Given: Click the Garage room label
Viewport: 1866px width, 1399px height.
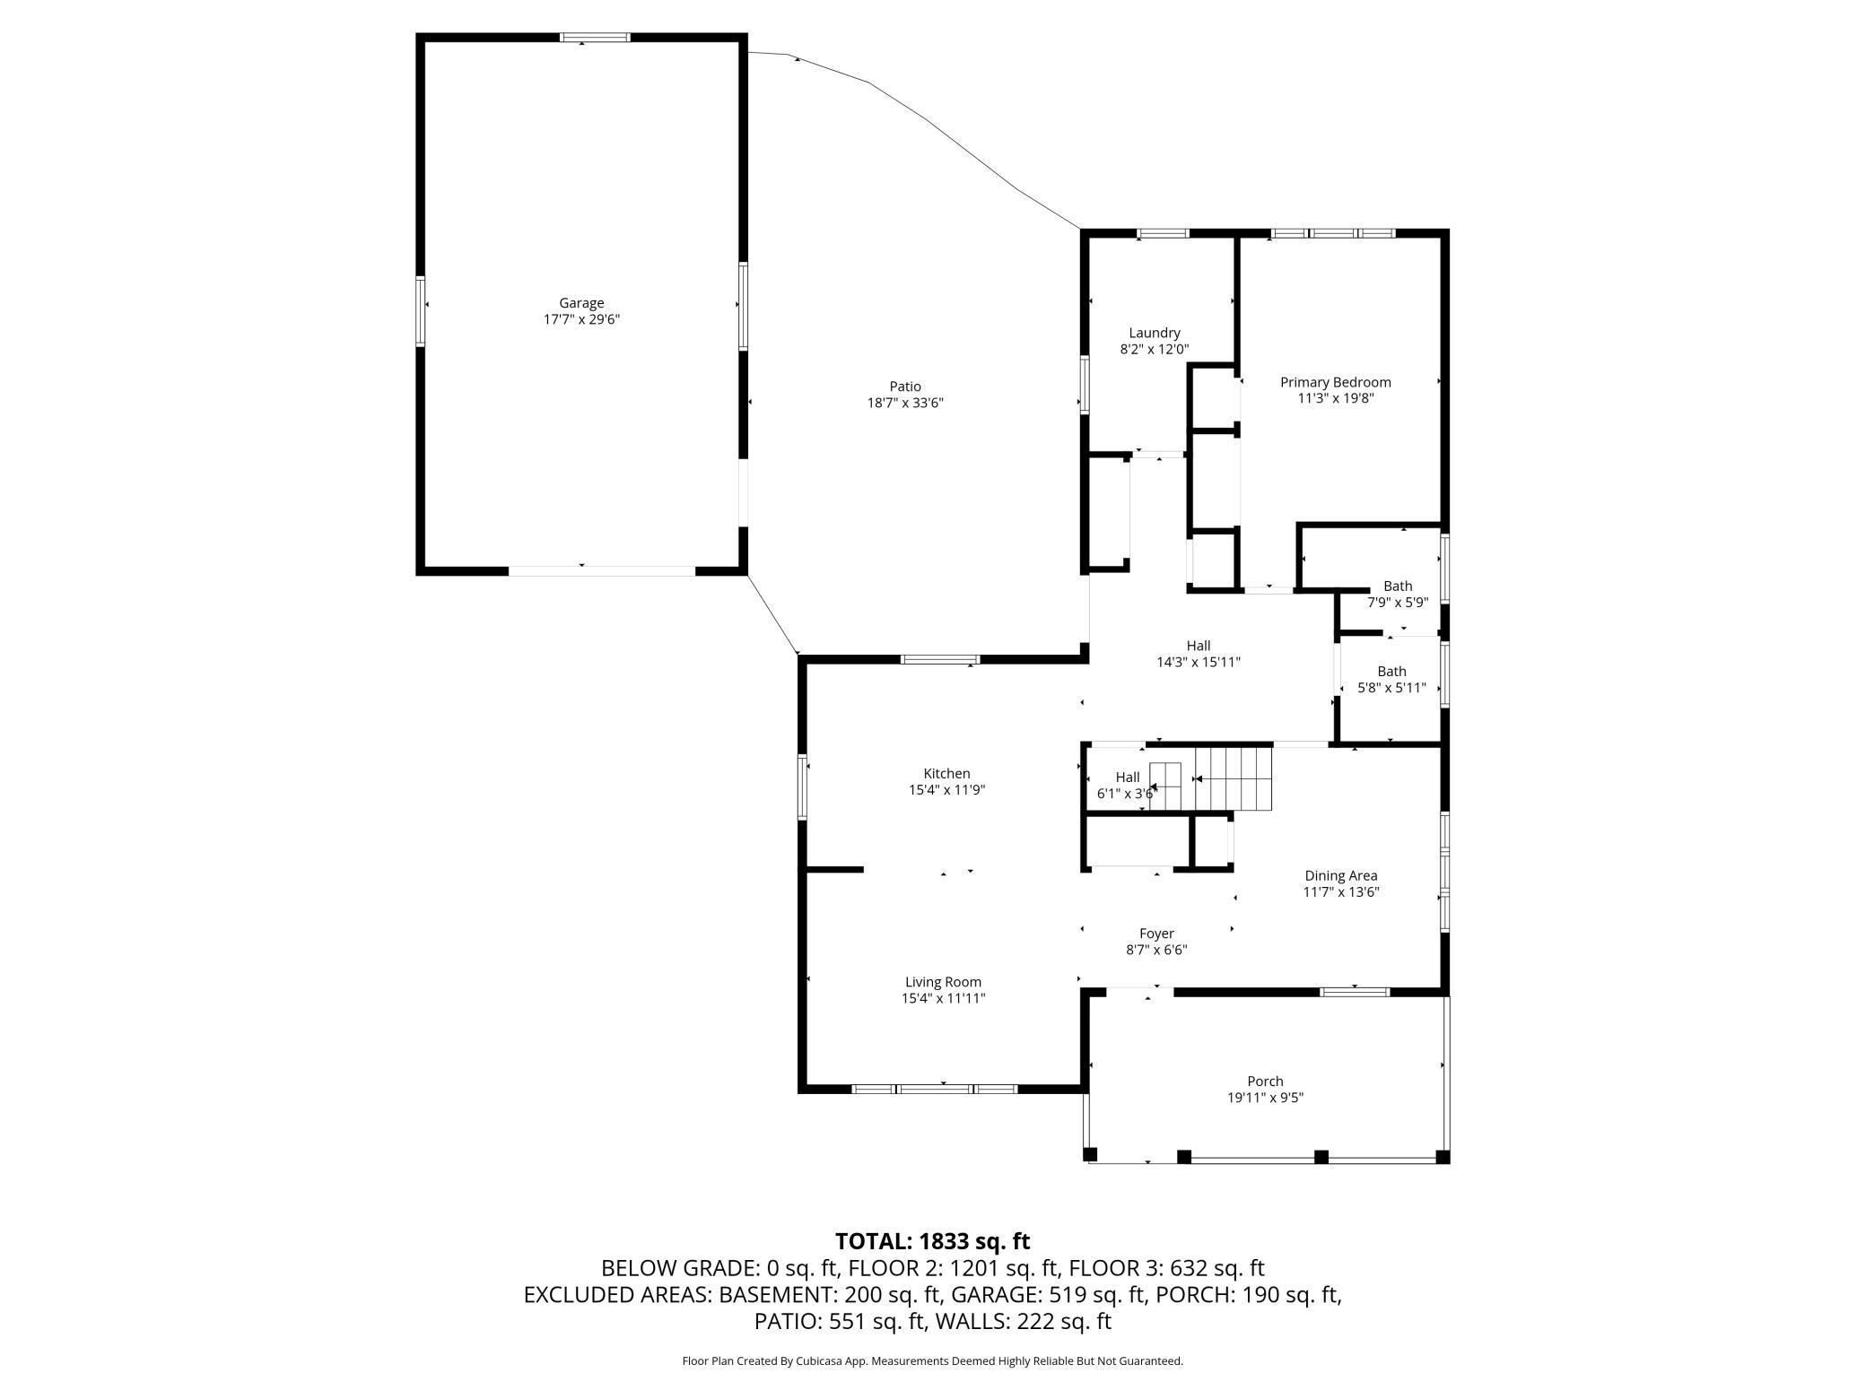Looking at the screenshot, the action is click(x=581, y=303).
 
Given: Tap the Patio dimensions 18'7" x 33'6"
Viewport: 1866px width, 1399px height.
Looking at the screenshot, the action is click(x=905, y=404).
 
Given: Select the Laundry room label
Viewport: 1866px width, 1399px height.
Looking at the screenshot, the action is click(x=1155, y=333).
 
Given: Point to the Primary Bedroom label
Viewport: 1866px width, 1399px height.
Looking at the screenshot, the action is click(x=1335, y=382).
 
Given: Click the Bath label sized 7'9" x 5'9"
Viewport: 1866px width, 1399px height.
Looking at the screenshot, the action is click(x=1398, y=587).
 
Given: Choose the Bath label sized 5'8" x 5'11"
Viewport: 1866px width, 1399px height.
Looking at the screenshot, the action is click(x=1391, y=671).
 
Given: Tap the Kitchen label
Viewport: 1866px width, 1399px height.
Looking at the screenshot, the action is click(x=946, y=774).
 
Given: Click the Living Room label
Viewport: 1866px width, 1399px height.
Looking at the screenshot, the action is click(x=943, y=982).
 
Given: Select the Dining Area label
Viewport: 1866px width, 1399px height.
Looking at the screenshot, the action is click(x=1340, y=876).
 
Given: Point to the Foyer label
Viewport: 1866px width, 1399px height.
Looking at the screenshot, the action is click(x=1156, y=934).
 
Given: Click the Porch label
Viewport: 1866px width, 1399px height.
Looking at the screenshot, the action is click(x=1265, y=1082).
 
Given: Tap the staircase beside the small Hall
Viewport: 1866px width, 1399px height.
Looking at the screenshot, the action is click(x=1211, y=778).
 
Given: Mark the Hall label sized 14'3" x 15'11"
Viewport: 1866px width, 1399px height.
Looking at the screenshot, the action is click(x=1199, y=646).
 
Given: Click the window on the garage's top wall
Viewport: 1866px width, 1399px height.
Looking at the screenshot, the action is click(x=595, y=38).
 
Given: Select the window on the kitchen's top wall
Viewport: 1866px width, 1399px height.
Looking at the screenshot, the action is click(x=940, y=660).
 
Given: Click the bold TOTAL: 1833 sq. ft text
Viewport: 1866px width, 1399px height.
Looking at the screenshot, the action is click(x=932, y=1241).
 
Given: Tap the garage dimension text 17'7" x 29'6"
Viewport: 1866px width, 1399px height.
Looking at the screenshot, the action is click(x=581, y=319).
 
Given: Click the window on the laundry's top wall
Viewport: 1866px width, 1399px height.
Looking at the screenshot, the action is click(x=1163, y=234).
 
